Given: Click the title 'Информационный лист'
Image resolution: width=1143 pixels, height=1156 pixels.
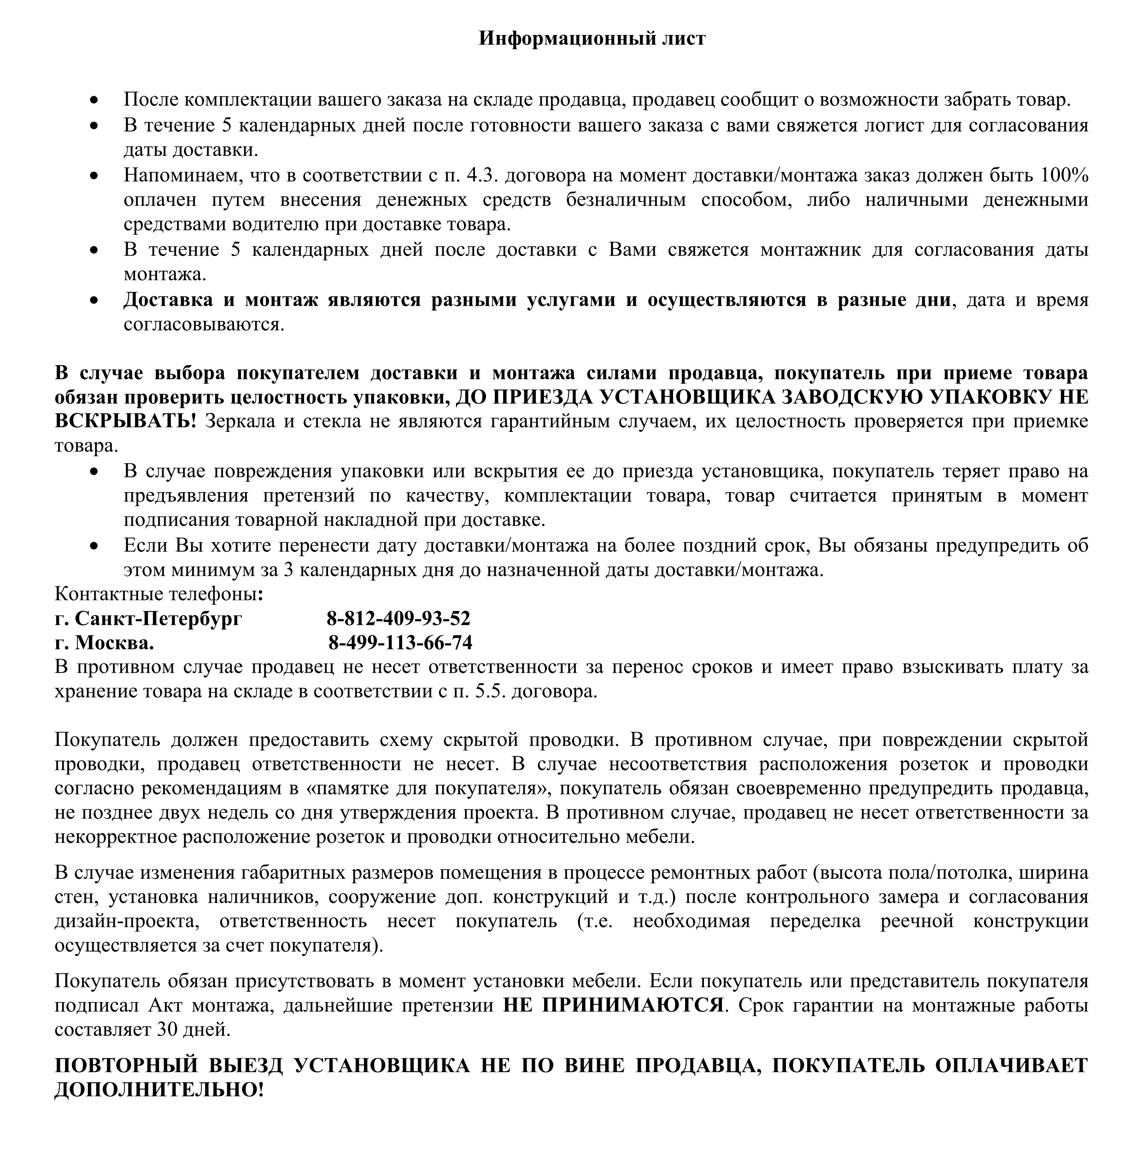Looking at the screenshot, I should tap(592, 38).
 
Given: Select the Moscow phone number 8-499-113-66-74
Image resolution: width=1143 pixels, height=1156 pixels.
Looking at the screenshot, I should tap(400, 643).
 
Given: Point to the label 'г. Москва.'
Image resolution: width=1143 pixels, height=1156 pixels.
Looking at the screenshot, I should tap(104, 643).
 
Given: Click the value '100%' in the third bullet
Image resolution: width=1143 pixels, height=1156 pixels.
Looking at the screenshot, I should tap(1064, 175).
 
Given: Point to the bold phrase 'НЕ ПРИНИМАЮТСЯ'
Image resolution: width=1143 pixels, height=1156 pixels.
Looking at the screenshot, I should tap(613, 1005).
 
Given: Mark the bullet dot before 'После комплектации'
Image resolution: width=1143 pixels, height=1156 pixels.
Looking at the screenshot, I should tap(94, 100).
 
